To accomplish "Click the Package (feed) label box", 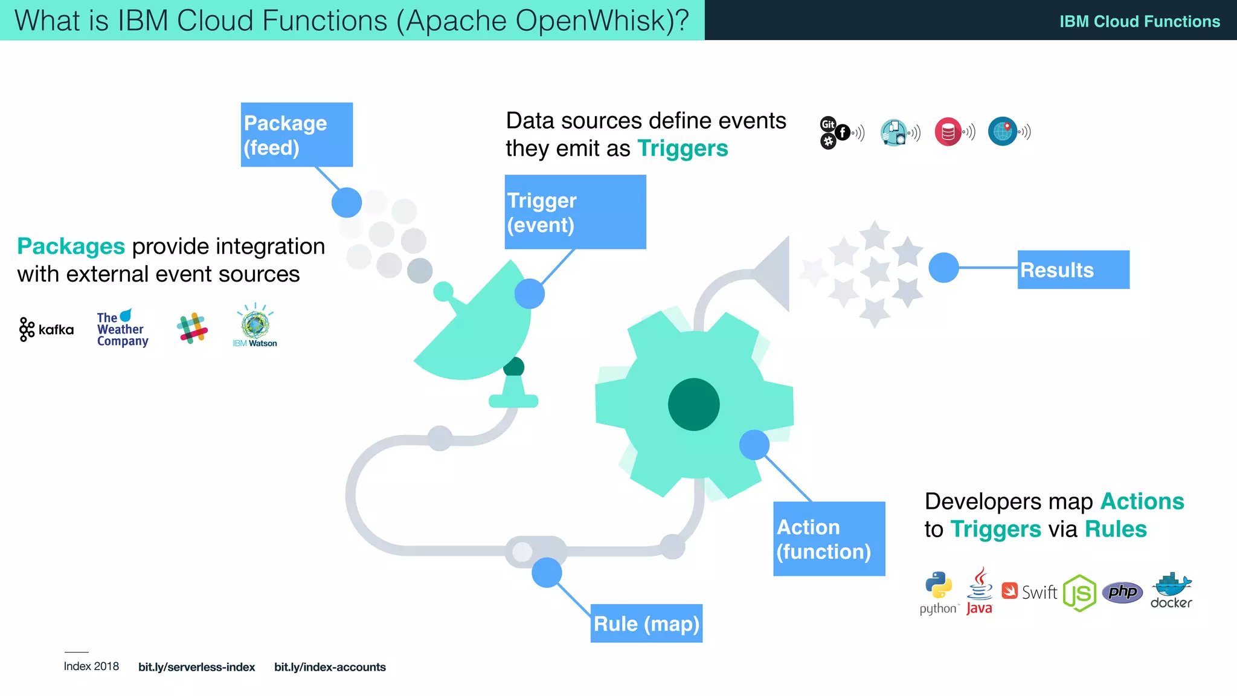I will point(297,134).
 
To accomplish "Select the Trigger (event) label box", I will point(575,211).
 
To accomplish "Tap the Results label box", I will point(1073,269).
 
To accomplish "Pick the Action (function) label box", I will point(829,538).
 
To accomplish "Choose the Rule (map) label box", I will point(646,623).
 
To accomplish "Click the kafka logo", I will point(47,329).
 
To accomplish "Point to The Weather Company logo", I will point(122,329).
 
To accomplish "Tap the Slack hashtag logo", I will point(192,328).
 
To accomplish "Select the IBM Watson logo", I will point(255,326).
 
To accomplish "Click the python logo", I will point(939,592).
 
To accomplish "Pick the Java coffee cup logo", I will point(979,590).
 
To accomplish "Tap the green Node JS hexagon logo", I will point(1079,593).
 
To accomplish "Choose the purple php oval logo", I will point(1122,592).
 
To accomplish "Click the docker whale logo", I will point(1171,590).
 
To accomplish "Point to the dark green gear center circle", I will point(693,404).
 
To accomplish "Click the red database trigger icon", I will point(948,131).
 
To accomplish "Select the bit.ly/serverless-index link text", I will point(196,667).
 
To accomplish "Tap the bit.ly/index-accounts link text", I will point(330,667).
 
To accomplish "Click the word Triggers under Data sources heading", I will point(683,148).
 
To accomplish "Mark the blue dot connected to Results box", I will point(943,267).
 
